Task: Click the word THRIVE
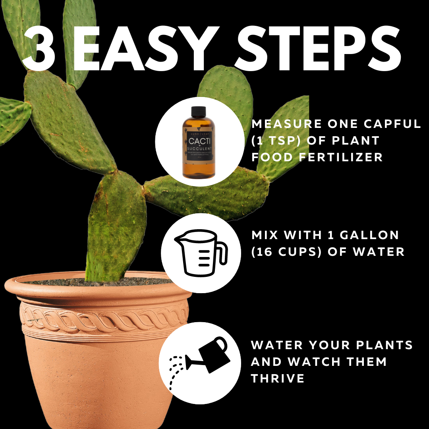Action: [x=278, y=378]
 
